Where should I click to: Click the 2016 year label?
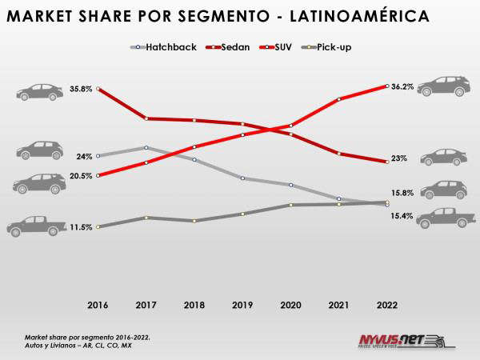(97, 305)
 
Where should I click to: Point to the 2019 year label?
(242, 305)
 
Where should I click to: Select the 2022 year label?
(387, 305)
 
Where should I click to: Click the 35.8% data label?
(80, 88)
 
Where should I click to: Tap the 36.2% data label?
(403, 86)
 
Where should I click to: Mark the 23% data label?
(399, 158)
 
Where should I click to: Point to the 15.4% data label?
(402, 216)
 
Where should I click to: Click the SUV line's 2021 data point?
(339, 99)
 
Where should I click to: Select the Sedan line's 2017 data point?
(146, 118)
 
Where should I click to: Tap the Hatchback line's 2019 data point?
(242, 178)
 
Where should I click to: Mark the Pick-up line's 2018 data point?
(194, 220)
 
